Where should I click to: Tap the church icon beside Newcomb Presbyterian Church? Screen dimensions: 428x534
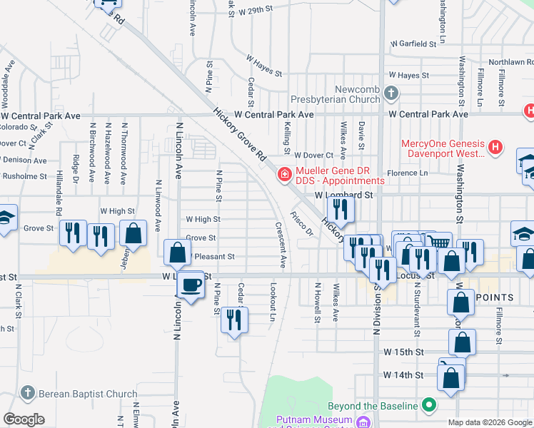pyautogui.click(x=391, y=93)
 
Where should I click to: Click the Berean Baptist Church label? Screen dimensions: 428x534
pyautogui.click(x=88, y=394)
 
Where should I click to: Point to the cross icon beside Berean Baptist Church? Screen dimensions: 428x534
pyautogui.click(x=27, y=394)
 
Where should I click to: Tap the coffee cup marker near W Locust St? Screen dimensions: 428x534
pyautogui.click(x=191, y=285)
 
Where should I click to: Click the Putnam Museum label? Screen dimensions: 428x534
pyautogui.click(x=315, y=419)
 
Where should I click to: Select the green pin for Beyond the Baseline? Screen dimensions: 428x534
pyautogui.click(x=429, y=405)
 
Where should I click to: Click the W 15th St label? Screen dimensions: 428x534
pyautogui.click(x=403, y=352)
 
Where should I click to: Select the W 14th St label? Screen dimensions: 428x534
pyautogui.click(x=403, y=374)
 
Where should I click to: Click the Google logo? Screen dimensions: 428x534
pyautogui.click(x=24, y=419)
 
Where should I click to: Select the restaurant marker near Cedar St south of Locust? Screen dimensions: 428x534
pyautogui.click(x=233, y=320)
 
